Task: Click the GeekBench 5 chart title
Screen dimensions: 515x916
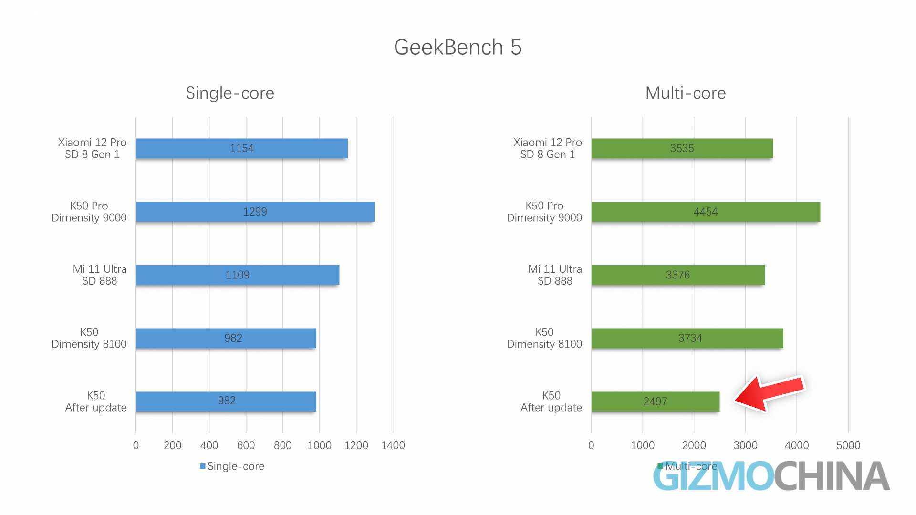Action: click(458, 47)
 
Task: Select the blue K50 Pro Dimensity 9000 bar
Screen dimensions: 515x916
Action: click(255, 212)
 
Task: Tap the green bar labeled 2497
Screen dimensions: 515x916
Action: click(655, 402)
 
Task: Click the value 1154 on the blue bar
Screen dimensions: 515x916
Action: click(241, 148)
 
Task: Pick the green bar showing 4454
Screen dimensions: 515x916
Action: click(705, 212)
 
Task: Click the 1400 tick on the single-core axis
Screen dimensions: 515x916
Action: click(393, 445)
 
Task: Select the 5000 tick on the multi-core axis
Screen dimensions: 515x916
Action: click(848, 445)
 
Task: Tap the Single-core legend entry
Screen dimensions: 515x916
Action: click(232, 466)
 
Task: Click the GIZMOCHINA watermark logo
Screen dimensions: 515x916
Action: click(771, 476)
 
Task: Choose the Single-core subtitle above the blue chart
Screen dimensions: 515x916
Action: click(230, 93)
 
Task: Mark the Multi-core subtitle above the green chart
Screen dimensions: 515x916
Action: click(685, 93)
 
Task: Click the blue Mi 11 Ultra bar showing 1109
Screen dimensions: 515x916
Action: click(238, 275)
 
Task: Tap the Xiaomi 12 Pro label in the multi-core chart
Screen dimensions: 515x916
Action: click(547, 148)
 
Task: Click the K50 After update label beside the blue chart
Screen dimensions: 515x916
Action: click(95, 402)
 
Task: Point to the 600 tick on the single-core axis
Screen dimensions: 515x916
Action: click(246, 445)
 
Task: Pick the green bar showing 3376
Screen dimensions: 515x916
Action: click(677, 275)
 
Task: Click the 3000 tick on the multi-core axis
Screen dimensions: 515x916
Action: click(745, 445)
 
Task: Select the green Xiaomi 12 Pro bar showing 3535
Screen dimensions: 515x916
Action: click(682, 148)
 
